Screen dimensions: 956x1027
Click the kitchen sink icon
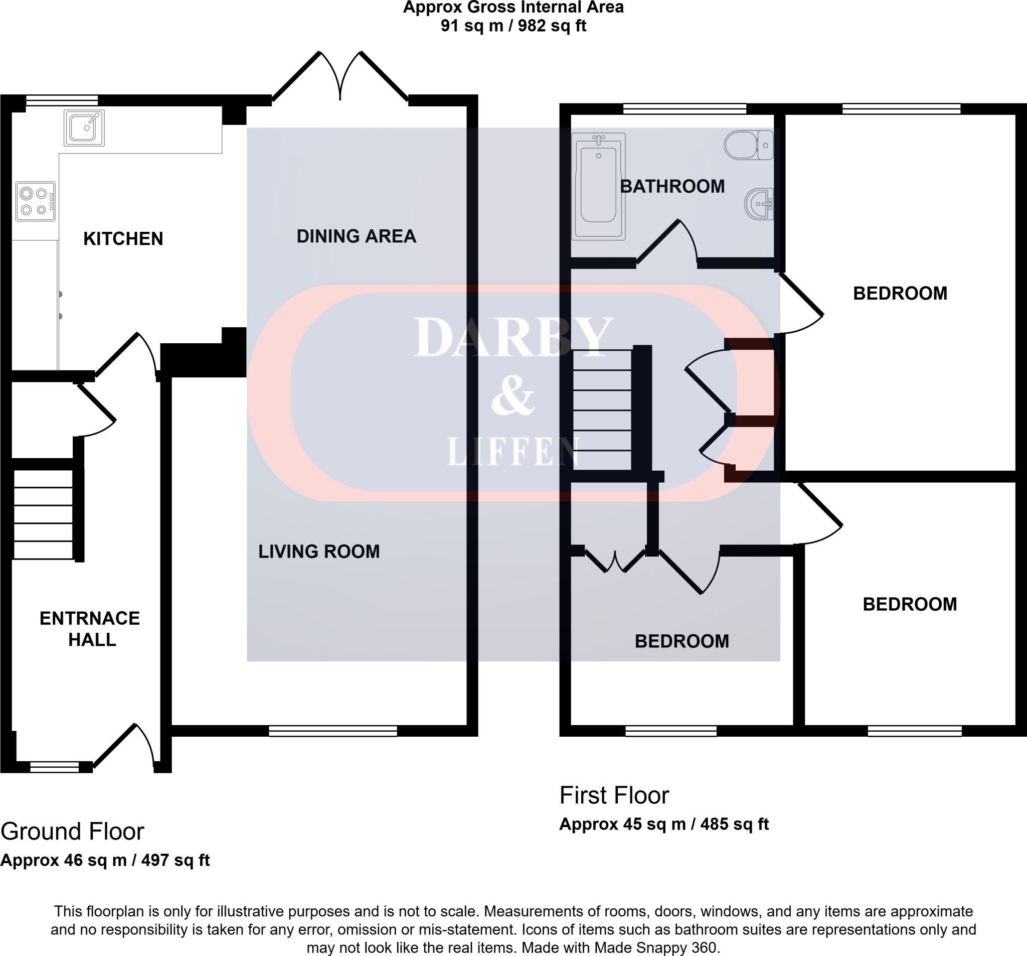[x=84, y=127]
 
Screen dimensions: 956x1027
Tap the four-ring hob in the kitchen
[x=35, y=202]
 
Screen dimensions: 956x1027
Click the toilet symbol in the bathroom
[x=748, y=145]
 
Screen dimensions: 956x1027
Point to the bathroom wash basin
[x=759, y=204]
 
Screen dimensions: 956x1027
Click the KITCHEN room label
[x=123, y=239]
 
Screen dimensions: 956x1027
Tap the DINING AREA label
[x=356, y=236]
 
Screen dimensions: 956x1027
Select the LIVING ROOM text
[x=319, y=552]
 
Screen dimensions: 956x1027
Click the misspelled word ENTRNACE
[x=89, y=618]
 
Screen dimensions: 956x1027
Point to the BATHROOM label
[x=671, y=187]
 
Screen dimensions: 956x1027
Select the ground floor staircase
[x=43, y=514]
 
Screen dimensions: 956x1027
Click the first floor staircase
[x=602, y=410]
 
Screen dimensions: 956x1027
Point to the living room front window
[x=332, y=731]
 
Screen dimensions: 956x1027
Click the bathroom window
[x=684, y=108]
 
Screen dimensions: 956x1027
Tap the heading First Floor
[x=614, y=795]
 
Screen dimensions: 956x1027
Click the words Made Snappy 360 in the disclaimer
[x=655, y=947]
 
